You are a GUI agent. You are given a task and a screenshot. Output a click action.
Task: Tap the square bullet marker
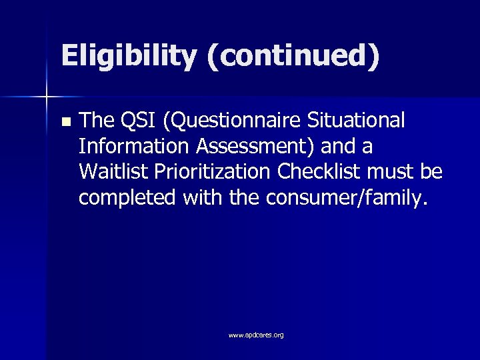(65, 122)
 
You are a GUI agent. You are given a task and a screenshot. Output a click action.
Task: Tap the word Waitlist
(111, 172)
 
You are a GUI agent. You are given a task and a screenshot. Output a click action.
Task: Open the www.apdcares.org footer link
(256, 335)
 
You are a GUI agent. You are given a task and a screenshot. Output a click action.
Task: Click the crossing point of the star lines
(46, 97)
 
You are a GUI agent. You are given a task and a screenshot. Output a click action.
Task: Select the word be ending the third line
(432, 172)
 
